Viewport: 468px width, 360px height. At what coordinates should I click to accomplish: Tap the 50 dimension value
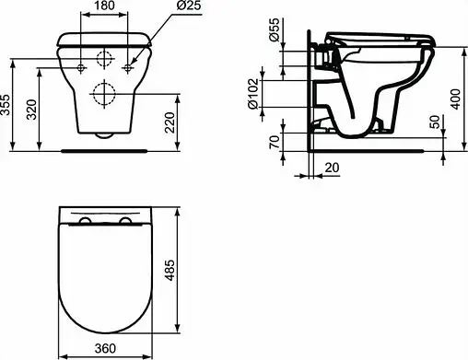435,122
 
